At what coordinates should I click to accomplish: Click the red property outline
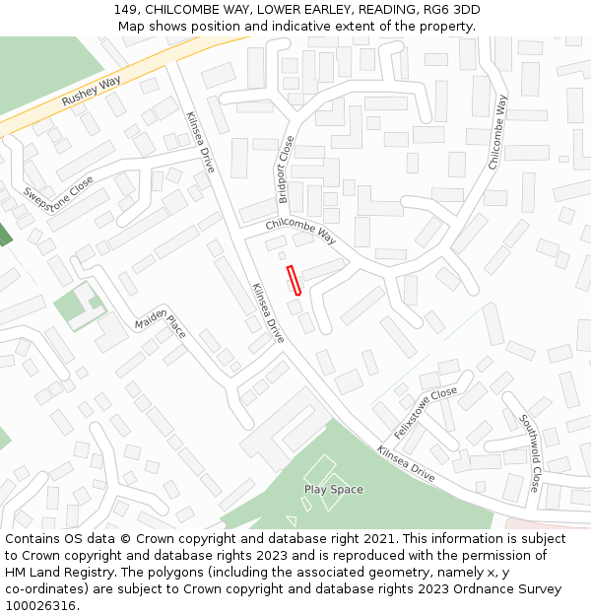tap(293, 280)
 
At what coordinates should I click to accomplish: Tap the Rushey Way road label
tap(90, 94)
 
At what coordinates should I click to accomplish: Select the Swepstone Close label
tap(58, 201)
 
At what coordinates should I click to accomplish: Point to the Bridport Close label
tap(285, 170)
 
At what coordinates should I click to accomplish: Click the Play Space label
tap(333, 490)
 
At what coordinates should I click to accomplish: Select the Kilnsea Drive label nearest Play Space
tap(405, 463)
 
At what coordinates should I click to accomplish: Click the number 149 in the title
tap(124, 10)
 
